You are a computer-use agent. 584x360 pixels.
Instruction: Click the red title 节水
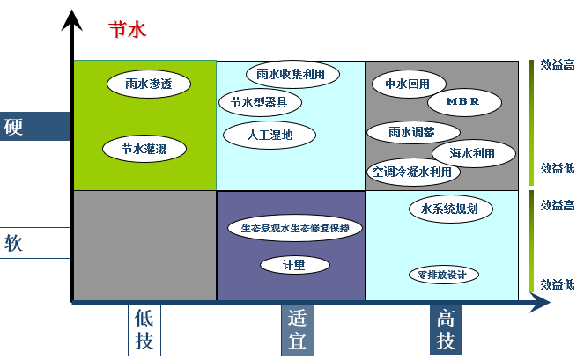click(x=127, y=29)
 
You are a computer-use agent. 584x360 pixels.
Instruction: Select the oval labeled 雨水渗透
click(x=148, y=84)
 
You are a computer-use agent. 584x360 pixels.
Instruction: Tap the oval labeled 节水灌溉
click(x=148, y=150)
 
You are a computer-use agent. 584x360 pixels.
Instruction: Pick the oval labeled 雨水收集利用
click(x=291, y=74)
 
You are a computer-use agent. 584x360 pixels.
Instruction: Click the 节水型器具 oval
click(x=260, y=102)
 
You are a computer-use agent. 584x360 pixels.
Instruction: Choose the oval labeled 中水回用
click(x=408, y=84)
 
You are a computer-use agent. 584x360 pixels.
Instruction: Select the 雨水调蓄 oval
click(x=411, y=132)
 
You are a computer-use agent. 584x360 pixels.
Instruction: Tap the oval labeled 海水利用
click(x=472, y=153)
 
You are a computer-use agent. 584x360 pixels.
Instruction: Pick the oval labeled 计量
click(x=294, y=264)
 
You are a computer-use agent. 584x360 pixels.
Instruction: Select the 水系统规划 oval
click(x=450, y=209)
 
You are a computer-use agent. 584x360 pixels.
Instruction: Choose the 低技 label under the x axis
click(x=144, y=330)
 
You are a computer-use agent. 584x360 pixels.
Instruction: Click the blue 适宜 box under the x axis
click(x=298, y=330)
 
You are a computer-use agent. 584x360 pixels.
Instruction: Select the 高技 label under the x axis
click(x=446, y=330)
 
